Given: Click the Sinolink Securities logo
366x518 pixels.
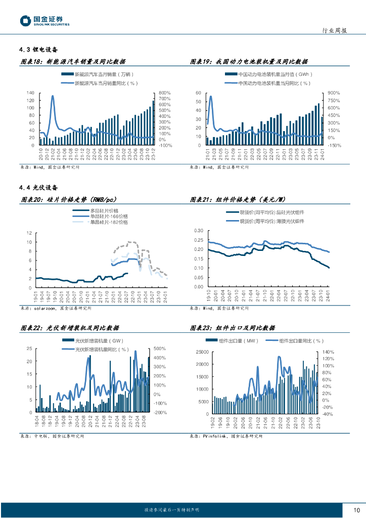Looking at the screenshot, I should pyautogui.click(x=44, y=21).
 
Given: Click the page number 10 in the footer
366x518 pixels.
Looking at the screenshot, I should pyautogui.click(x=356, y=510).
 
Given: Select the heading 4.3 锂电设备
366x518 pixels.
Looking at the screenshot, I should pyautogui.click(x=39, y=50).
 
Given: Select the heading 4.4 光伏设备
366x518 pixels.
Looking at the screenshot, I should pyautogui.click(x=39, y=188).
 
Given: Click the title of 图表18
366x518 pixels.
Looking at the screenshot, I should pyautogui.click(x=73, y=62).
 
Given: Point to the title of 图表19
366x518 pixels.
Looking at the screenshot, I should pyautogui.click(x=249, y=62).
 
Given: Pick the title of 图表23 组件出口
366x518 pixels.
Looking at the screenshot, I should pyautogui.click(x=233, y=328).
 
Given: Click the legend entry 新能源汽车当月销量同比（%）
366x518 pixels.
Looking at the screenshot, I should pyautogui.click(x=106, y=82).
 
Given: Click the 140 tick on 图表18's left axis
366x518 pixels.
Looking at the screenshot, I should pyautogui.click(x=30, y=93).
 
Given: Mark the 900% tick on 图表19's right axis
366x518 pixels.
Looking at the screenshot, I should pyautogui.click(x=334, y=93).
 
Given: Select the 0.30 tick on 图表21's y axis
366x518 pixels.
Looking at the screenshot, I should pyautogui.click(x=198, y=231).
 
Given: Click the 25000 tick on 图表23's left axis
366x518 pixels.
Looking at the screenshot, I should pyautogui.click(x=202, y=352).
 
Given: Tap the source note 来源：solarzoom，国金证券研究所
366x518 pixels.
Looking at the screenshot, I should pyautogui.click(x=56, y=308).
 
